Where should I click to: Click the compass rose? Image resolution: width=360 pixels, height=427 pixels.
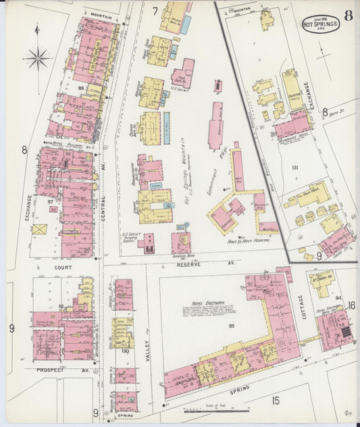click(38, 59)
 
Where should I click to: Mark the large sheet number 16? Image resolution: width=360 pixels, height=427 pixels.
click(351, 305)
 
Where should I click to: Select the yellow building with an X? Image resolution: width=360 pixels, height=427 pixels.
click(39, 230)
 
